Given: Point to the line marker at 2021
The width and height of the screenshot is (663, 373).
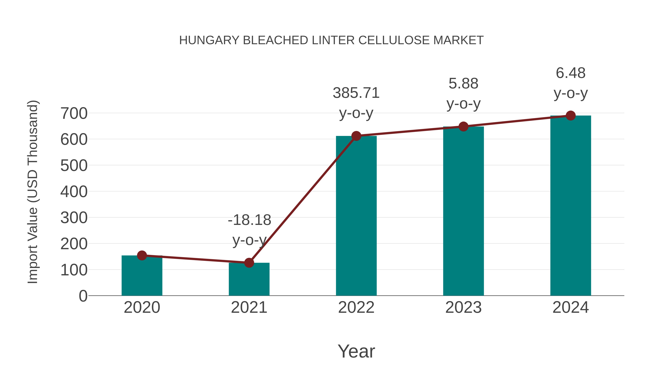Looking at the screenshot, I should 249,263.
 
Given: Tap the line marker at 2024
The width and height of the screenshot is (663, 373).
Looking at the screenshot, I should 571,115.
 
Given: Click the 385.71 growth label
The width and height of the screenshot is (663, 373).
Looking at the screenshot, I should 356,93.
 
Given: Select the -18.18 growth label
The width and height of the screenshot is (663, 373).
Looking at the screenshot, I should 249,220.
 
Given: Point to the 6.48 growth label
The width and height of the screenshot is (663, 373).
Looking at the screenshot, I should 571,73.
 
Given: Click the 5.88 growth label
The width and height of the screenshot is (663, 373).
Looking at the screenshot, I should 463,84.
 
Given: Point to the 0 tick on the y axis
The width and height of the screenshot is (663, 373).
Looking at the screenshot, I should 83,296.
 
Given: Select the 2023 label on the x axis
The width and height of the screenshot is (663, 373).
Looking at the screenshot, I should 463,307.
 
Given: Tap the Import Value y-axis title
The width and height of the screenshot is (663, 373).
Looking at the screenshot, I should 33,192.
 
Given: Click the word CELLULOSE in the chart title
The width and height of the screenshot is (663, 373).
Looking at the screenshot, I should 394,40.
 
